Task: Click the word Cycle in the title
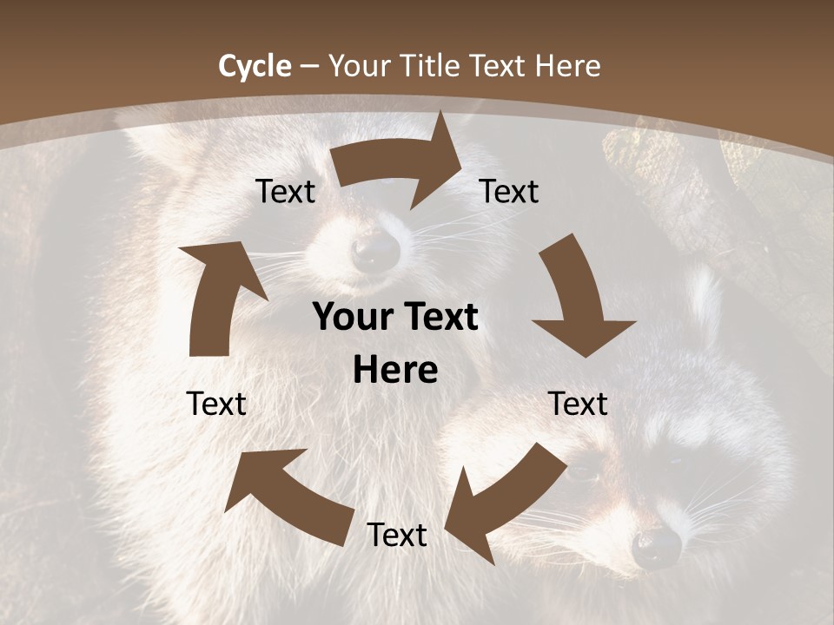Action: [x=255, y=66]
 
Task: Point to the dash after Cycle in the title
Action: [x=310, y=67]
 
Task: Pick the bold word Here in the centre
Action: [x=395, y=371]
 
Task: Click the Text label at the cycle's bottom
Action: [x=396, y=536]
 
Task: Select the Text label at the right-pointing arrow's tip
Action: [x=509, y=191]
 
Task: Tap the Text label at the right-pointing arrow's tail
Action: [x=285, y=191]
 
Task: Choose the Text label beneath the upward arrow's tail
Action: [x=216, y=404]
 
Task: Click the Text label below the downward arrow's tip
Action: [x=578, y=404]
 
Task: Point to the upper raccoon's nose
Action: [x=376, y=251]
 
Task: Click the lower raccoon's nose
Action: [x=657, y=545]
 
